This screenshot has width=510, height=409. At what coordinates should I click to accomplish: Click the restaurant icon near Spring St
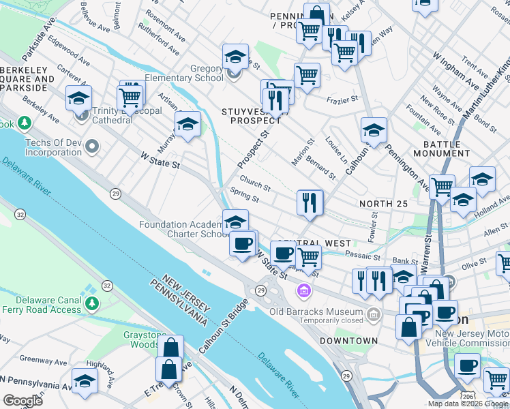[x=310, y=202]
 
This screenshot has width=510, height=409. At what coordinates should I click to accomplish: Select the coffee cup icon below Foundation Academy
[x=241, y=243]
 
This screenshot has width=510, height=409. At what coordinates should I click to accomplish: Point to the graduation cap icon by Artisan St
[x=187, y=124]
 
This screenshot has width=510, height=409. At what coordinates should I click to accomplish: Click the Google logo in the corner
[x=22, y=400]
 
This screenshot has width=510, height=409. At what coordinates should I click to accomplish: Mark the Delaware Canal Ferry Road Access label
[x=41, y=305]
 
